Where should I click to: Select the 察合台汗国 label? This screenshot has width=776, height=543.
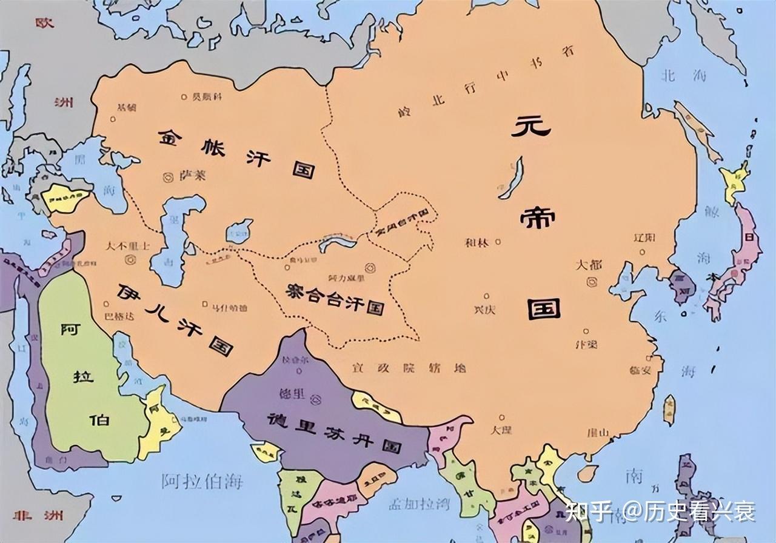335,299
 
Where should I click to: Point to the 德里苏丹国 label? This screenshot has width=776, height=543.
333,431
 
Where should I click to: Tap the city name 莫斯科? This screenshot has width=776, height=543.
207,96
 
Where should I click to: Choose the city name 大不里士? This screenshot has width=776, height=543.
127,246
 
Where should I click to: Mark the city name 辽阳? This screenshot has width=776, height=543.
643,237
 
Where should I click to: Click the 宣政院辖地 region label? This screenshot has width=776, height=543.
409,367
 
